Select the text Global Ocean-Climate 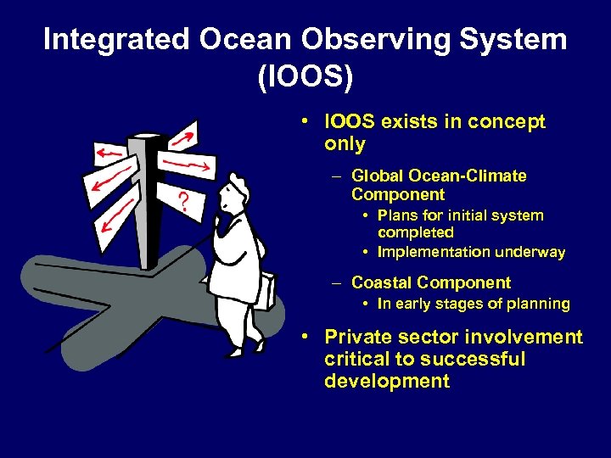439,176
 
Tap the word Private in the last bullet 359,338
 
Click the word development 387,382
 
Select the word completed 415,232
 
